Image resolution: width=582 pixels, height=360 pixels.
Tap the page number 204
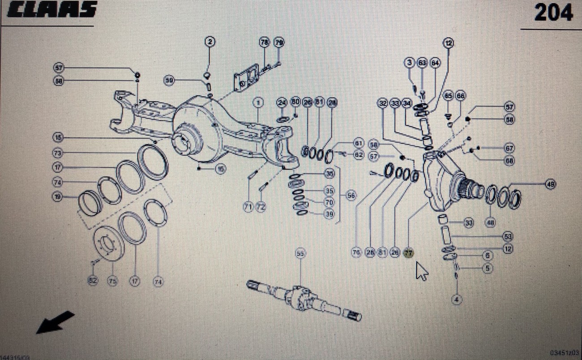[x=553, y=12]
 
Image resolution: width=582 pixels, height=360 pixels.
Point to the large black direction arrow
[x=55, y=322]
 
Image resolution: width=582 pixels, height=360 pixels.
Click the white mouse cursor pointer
[x=421, y=271]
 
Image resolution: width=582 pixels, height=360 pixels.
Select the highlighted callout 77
[x=408, y=253]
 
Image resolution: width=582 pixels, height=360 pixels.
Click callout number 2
[x=210, y=42]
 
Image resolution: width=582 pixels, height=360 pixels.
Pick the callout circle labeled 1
[x=258, y=103]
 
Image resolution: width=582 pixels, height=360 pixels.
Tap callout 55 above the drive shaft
[x=300, y=253]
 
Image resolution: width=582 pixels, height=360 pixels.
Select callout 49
[x=550, y=184]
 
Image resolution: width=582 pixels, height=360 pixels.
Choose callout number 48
[x=491, y=222]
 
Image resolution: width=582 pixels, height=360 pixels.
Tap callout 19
[x=57, y=197]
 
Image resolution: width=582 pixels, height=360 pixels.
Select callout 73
[x=57, y=152]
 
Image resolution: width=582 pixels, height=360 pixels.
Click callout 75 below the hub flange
[x=112, y=281]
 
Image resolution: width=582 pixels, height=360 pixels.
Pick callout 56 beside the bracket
[x=351, y=196]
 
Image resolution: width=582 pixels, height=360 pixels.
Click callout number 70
[x=330, y=202]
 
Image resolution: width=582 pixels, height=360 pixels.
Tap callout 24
[x=281, y=103]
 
